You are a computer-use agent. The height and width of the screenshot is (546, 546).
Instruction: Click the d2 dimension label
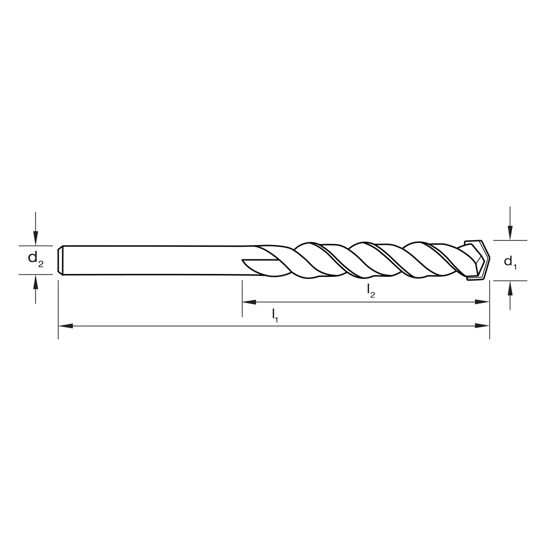(36, 260)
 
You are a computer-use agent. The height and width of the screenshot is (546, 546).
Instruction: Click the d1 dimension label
(510, 262)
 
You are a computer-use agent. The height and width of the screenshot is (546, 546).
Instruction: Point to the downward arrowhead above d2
(35, 238)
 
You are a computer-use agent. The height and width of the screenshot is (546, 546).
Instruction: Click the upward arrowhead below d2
(35, 281)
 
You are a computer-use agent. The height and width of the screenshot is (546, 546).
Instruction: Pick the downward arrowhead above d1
(510, 233)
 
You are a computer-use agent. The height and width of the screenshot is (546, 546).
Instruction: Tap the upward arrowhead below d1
(510, 287)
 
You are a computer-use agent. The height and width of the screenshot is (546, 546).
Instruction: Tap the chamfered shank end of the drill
(61, 260)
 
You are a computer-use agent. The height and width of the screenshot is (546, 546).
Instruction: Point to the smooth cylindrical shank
(153, 260)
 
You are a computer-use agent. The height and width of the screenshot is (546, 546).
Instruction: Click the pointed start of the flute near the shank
(246, 260)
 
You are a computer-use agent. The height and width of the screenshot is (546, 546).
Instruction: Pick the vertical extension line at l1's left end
(58, 311)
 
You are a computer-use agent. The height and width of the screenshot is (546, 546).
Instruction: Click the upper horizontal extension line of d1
(511, 240)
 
